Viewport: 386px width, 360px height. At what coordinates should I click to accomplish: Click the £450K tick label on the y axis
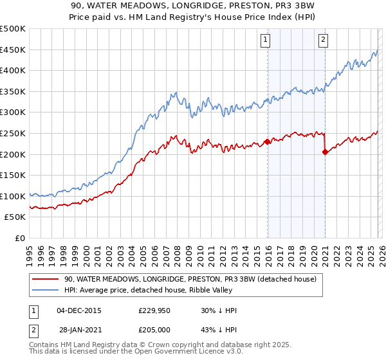pyautogui.click(x=13, y=50)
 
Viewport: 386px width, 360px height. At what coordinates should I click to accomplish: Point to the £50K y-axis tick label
pyautogui.click(x=15, y=217)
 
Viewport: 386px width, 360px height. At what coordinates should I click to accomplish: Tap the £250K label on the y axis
pyautogui.click(x=13, y=133)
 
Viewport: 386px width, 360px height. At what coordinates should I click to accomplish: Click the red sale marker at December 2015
pyautogui.click(x=267, y=141)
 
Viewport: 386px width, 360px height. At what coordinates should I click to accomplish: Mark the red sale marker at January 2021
pyautogui.click(x=325, y=152)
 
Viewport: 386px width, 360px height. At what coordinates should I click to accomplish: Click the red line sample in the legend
pyautogui.click(x=45, y=280)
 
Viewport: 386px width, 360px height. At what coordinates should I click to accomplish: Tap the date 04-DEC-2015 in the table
pyautogui.click(x=78, y=310)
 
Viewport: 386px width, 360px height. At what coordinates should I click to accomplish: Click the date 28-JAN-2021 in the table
pyautogui.click(x=78, y=330)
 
